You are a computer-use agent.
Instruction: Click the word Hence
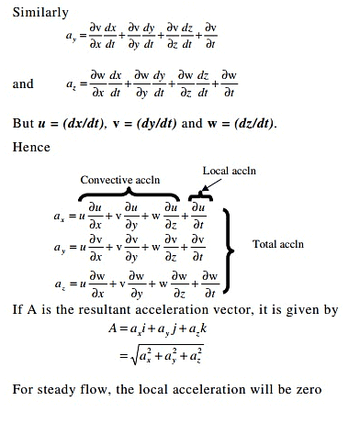pos(31,146)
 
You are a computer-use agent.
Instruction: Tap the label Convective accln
pos(120,179)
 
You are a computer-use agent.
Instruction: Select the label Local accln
pos(229,172)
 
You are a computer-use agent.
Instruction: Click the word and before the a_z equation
pos(23,83)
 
